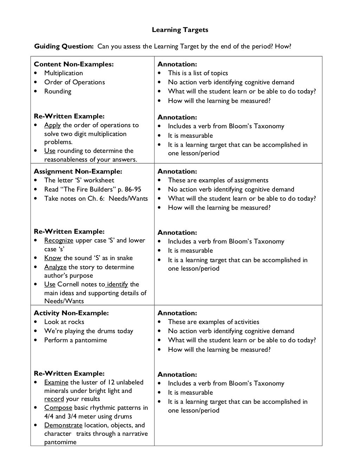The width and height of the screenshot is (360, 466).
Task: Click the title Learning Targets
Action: point(180,30)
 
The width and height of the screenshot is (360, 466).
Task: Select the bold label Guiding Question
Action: point(64,46)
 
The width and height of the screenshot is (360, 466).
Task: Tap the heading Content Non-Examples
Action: point(73,64)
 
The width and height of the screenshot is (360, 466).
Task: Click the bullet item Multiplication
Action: point(64,73)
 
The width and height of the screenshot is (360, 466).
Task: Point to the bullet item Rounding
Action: point(58,91)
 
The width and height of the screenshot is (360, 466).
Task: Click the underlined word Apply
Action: point(52,125)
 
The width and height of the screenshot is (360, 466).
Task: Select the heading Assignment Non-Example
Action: point(78,171)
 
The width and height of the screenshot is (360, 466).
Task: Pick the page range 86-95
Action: point(133,189)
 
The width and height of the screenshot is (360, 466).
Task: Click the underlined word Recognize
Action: point(59,240)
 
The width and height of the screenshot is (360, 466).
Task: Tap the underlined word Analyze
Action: point(55,267)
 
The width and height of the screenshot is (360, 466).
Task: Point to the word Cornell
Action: point(69,284)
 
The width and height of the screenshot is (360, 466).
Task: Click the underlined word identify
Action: point(117,284)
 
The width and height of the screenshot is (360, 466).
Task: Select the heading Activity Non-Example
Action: point(71,313)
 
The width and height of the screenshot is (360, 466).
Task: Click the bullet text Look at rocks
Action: point(64,322)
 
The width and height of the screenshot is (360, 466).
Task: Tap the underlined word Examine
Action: point(56,382)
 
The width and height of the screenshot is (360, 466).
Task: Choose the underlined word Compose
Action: point(58,408)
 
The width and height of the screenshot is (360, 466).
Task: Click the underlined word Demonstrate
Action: point(63,425)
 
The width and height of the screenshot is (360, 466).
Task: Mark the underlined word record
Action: point(54,399)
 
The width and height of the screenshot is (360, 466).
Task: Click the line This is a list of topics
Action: point(198,73)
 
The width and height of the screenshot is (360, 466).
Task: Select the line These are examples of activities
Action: point(213,322)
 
